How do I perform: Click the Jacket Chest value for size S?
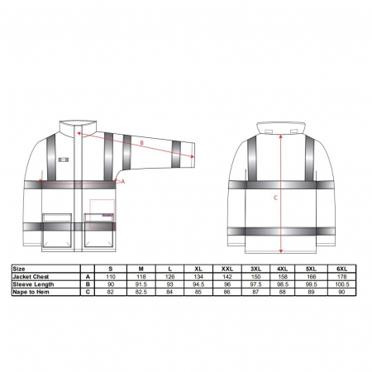coord(111,277)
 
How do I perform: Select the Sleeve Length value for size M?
coord(141,284)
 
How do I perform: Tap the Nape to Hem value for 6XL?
coord(341,292)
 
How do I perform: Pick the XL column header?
coord(198,269)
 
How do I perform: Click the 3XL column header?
coord(255,269)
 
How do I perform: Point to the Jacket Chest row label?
coord(31,277)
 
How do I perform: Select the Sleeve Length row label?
coord(33,284)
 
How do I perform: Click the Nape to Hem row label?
coord(31,292)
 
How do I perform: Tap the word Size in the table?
coord(19,269)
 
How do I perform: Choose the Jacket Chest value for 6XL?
coord(341,277)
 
